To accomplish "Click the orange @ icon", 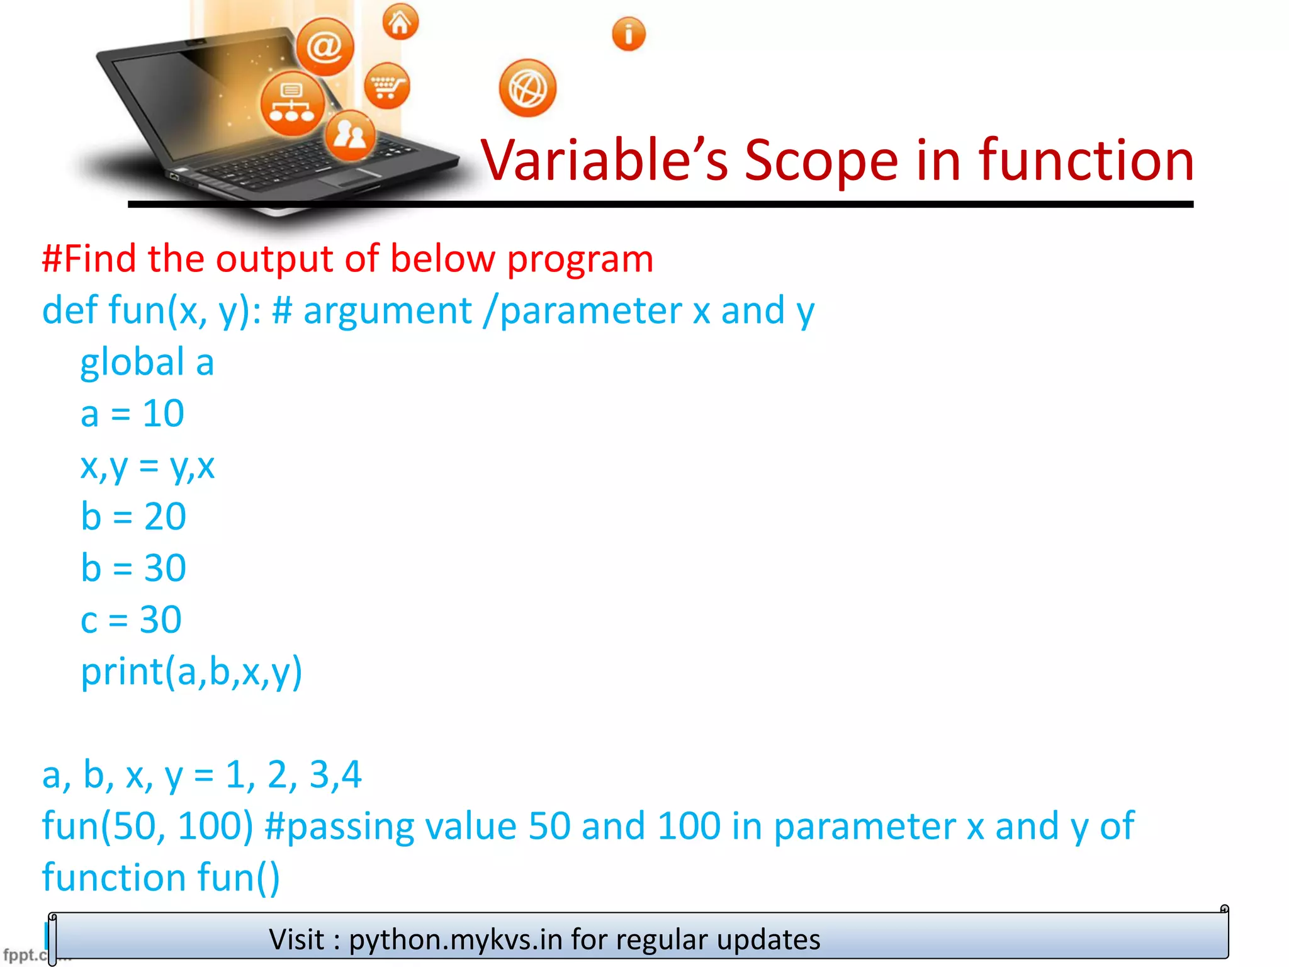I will coord(325,47).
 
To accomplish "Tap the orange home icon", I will coord(400,23).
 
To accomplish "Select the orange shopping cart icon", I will coord(386,86).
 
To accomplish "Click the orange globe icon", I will coord(527,89).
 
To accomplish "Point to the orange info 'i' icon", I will coord(628,34).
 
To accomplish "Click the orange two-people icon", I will coord(350,134).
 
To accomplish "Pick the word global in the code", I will coord(132,363).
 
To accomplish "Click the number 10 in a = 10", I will coord(163,414).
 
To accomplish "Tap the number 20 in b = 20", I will coord(165,517).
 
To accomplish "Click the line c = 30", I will coord(131,620).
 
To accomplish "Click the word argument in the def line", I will coord(387,311).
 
